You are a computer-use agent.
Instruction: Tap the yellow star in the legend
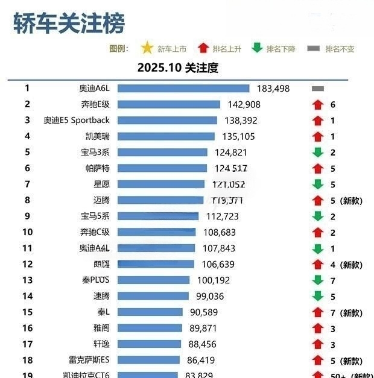[x=147, y=48]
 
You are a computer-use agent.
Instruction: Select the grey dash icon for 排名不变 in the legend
[x=314, y=48]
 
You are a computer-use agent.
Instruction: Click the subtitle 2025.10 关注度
[x=177, y=68]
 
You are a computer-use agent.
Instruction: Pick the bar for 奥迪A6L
[x=183, y=89]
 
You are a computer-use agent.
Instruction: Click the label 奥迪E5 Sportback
[x=77, y=121]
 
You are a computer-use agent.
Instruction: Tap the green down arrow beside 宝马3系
[x=318, y=153]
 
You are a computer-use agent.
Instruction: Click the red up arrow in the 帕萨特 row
[x=318, y=169]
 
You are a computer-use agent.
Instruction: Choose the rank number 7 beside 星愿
[x=27, y=184]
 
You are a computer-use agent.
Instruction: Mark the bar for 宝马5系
[x=158, y=216]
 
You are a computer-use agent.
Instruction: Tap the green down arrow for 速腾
[x=318, y=296]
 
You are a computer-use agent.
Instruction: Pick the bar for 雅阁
[x=150, y=329]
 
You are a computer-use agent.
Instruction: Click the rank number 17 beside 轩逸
[x=27, y=344]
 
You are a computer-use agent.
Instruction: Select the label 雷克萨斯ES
[x=89, y=361]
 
